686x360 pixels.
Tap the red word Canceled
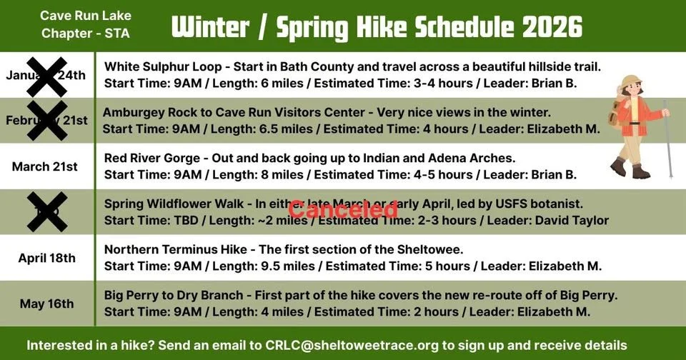[x=342, y=209]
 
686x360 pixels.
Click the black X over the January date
[x=47, y=76]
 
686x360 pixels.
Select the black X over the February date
[x=47, y=120]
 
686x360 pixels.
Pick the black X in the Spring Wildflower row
[x=47, y=212]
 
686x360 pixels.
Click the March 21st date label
[x=45, y=166]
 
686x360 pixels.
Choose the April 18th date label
[x=46, y=258]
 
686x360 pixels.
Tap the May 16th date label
[x=46, y=304]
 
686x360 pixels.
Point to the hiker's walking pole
[x=667, y=139]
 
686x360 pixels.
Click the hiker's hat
[x=631, y=82]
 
